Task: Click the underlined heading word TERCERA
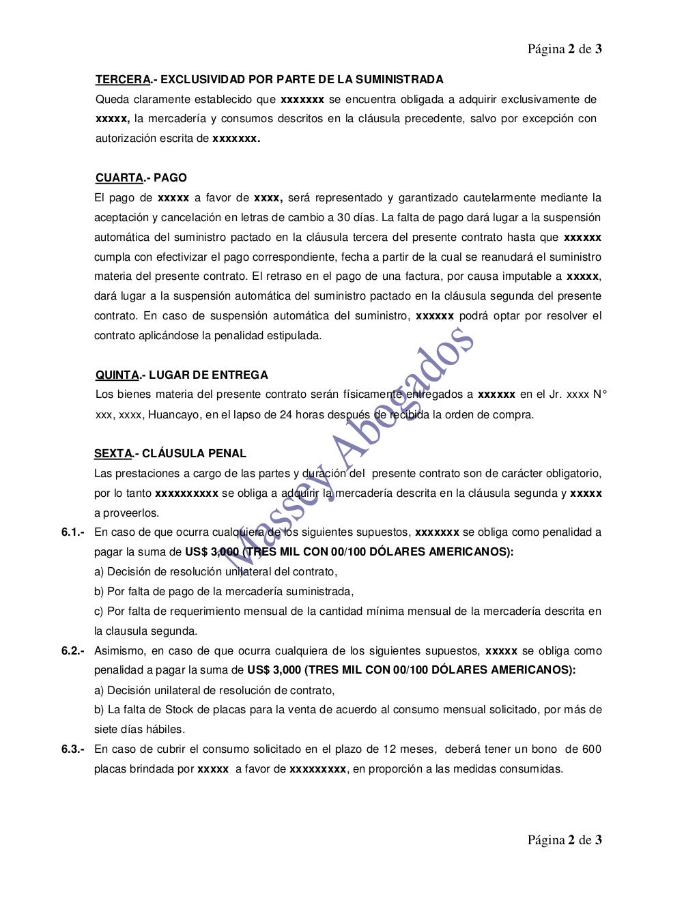[x=122, y=80]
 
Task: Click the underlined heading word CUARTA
[x=119, y=178]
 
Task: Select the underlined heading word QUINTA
[x=117, y=375]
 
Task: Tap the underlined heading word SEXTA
[x=113, y=453]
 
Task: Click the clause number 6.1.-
[x=73, y=532]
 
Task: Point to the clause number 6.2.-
[x=73, y=651]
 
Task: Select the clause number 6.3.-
[x=73, y=749]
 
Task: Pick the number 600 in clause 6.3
[x=591, y=749]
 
